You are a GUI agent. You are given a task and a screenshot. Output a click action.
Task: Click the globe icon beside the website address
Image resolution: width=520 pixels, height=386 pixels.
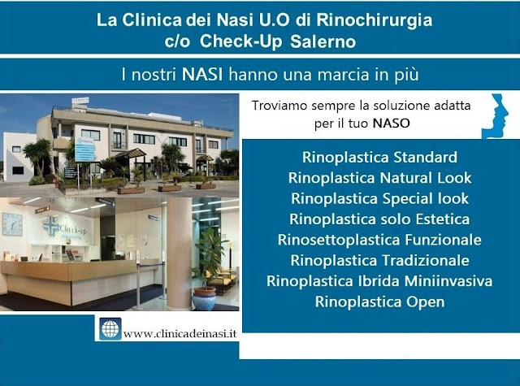click(110, 328)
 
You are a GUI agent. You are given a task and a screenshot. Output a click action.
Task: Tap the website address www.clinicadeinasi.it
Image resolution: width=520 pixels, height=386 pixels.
click(180, 333)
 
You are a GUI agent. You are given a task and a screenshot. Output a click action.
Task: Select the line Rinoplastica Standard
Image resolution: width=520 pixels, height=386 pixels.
click(379, 157)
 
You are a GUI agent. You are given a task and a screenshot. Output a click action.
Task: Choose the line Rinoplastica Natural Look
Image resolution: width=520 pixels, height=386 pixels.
click(379, 178)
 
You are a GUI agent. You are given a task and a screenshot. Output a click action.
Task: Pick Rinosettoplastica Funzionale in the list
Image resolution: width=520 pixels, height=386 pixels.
click(379, 240)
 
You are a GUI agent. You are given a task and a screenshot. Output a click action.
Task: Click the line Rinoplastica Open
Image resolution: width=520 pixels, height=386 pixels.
click(379, 302)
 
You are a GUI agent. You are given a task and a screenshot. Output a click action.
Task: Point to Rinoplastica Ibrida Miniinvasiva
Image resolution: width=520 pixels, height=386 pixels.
click(379, 281)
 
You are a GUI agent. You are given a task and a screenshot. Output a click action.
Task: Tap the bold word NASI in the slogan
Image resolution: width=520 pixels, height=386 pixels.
click(202, 74)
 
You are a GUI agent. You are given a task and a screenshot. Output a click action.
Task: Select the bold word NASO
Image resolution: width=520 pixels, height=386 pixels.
click(392, 124)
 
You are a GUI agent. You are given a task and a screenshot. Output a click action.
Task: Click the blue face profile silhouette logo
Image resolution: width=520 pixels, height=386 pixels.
click(496, 116)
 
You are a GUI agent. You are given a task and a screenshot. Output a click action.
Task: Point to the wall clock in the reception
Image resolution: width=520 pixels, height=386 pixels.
click(12, 224)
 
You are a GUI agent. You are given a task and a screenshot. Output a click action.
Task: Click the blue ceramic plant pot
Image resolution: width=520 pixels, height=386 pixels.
click(204, 299)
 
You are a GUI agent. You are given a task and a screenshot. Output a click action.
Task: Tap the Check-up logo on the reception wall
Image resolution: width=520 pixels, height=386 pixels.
click(65, 227)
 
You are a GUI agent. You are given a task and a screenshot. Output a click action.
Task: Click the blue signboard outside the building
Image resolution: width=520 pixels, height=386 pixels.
click(84, 149)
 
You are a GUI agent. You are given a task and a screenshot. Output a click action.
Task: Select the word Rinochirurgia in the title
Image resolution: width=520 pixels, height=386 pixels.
click(375, 20)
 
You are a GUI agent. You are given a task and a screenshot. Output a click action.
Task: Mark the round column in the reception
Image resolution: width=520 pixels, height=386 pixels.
click(180, 254)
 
